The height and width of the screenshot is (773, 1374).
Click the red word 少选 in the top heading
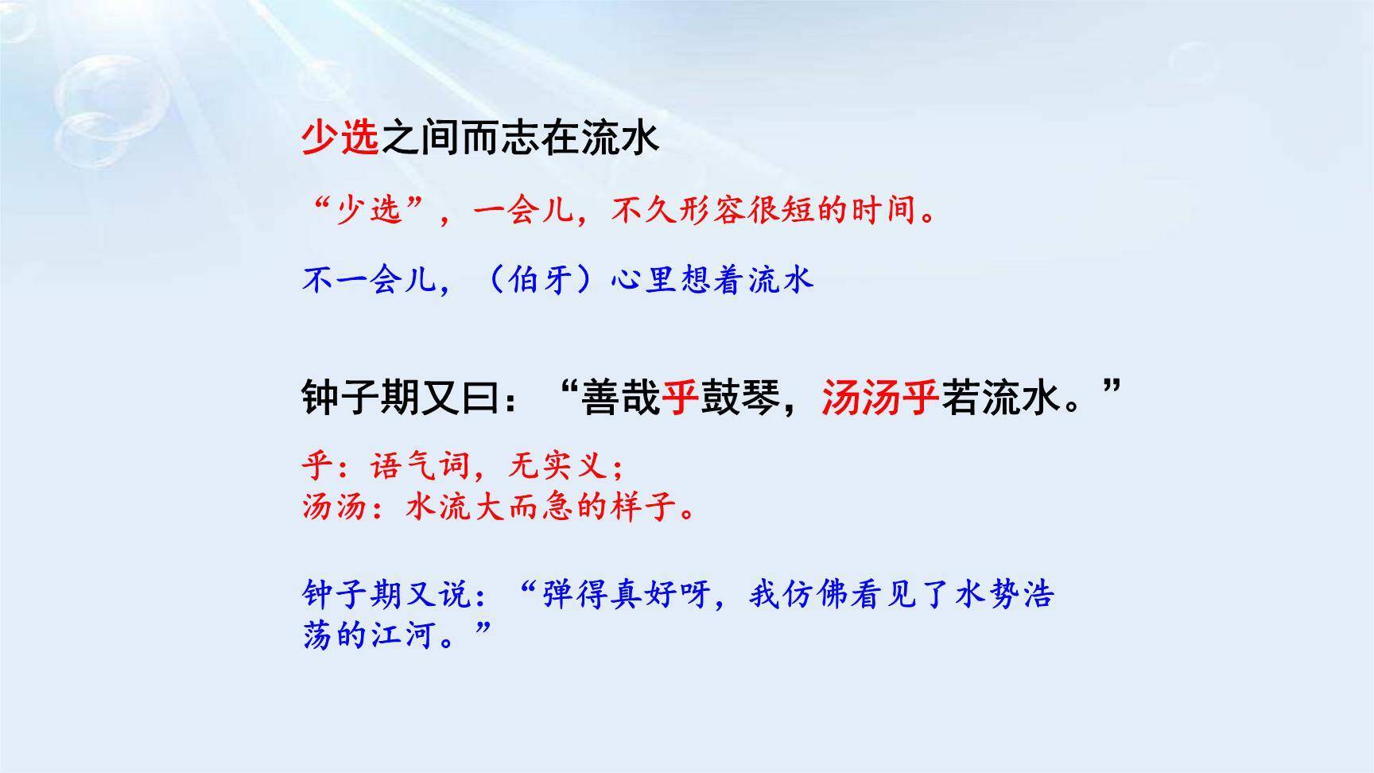(340, 138)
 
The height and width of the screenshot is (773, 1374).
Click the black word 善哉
(620, 397)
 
